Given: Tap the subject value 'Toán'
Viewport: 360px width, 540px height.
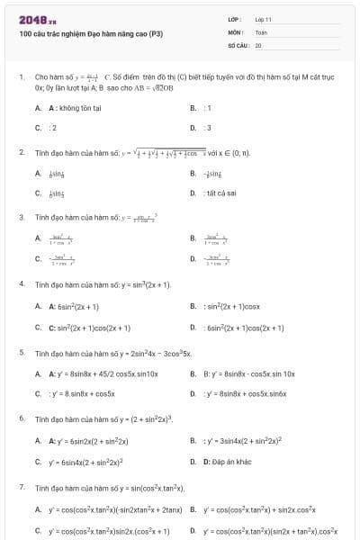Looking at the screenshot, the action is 262,31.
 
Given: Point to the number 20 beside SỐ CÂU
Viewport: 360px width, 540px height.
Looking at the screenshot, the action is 258,44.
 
